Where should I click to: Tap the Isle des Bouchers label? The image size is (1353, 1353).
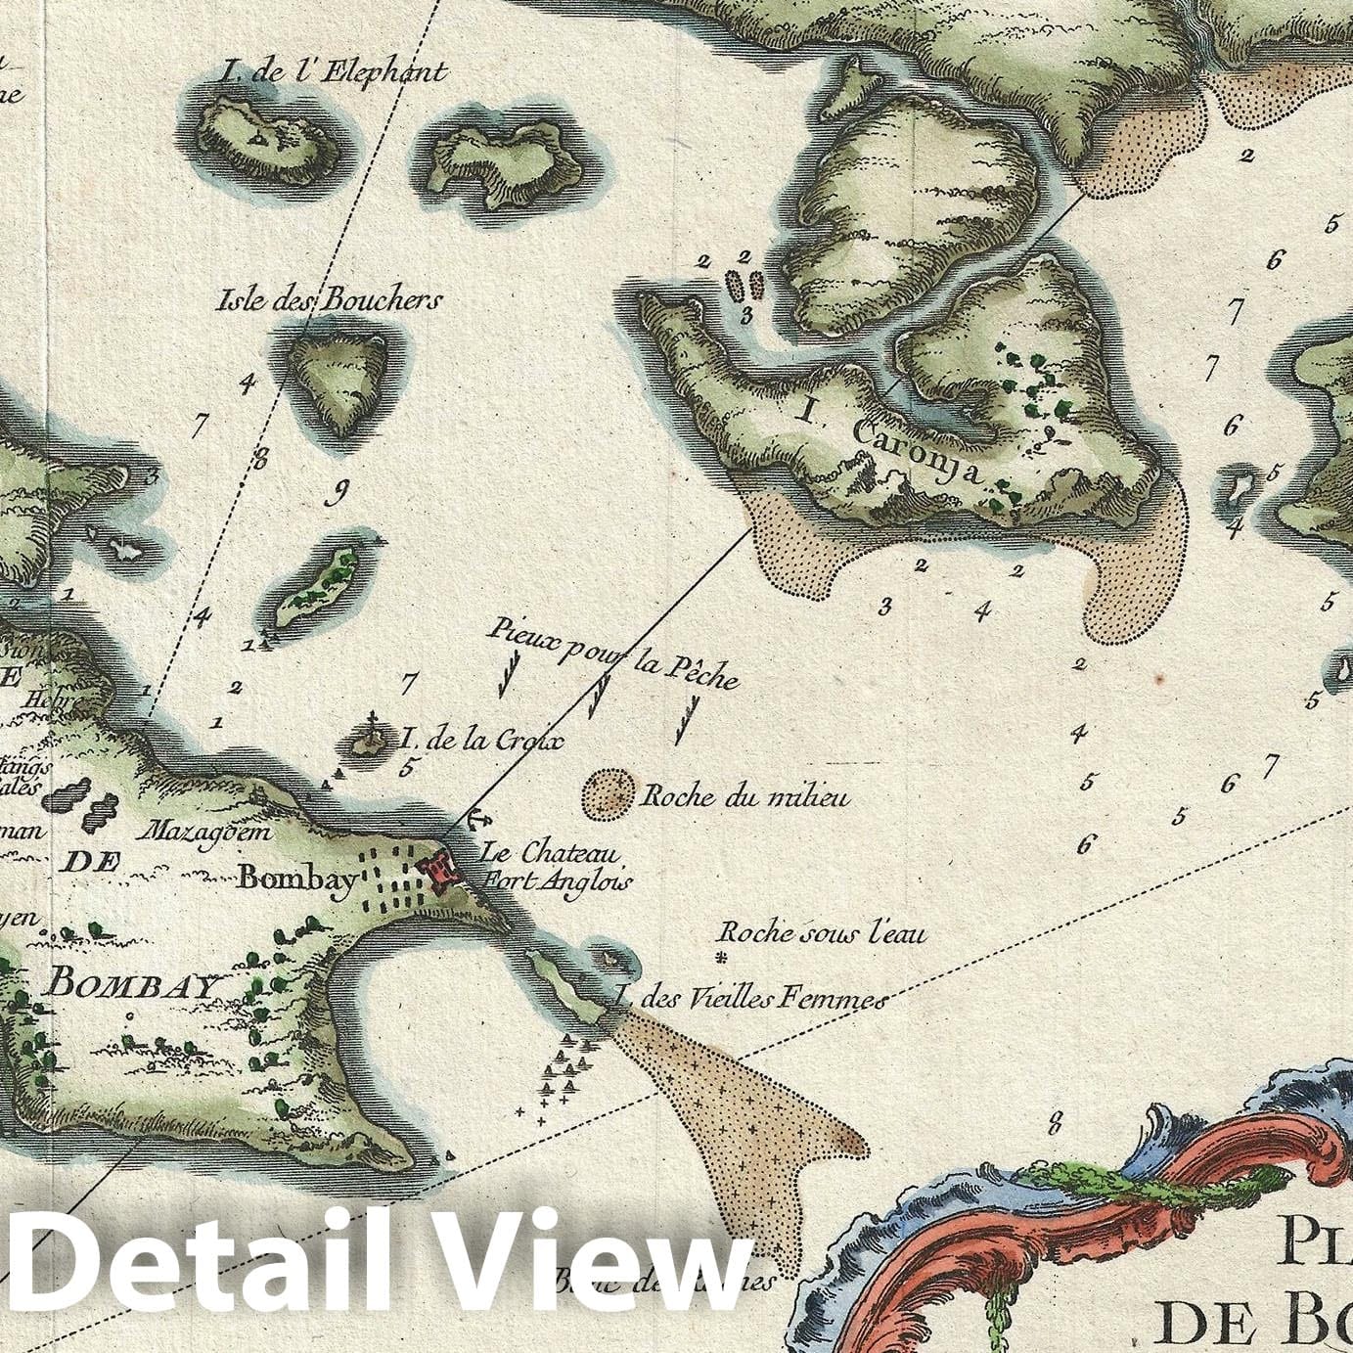(329, 300)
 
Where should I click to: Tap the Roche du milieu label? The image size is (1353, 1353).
(745, 797)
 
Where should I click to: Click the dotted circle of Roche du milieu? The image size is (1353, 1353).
(609, 793)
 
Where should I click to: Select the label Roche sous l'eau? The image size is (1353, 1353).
(823, 934)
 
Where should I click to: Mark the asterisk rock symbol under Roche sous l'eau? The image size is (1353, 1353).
(723, 958)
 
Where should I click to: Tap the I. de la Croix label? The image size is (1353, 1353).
(482, 741)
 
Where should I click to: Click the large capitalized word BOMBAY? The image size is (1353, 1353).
(130, 982)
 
